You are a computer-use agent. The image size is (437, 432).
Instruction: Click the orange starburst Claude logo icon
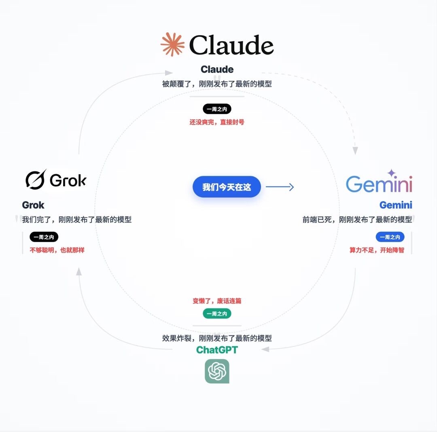pos(172,44)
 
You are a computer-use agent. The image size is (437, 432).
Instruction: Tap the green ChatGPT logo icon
pos(217,371)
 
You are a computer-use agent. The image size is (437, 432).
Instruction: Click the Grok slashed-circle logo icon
pos(36,180)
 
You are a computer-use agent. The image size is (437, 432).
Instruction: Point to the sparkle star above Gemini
pos(391,173)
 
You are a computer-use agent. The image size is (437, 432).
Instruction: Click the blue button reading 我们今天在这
pos(227,187)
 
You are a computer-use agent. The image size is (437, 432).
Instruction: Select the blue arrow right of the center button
pos(280,187)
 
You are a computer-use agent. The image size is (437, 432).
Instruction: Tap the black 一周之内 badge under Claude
pos(217,109)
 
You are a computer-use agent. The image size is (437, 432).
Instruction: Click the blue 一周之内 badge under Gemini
pos(390,237)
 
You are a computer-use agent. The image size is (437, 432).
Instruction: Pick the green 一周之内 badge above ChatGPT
pos(217,313)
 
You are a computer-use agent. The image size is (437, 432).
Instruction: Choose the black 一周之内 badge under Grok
pos(44,237)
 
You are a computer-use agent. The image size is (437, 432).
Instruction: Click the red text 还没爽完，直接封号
pos(217,122)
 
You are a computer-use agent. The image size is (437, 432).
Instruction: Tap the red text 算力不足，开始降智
pos(377,250)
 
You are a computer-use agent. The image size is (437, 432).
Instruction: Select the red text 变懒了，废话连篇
pos(217,301)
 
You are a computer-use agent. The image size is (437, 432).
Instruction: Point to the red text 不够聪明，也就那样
pos(57,250)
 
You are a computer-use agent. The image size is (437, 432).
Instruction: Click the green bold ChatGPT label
pos(217,350)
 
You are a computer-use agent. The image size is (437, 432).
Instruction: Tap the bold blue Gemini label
pos(396,205)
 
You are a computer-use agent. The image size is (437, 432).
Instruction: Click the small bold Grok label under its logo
pos(33,205)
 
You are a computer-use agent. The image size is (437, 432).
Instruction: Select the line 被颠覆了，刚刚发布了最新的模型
pos(217,84)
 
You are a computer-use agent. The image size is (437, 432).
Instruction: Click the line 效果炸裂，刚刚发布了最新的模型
pos(217,338)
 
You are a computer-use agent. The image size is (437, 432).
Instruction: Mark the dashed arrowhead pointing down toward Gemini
pos(355,150)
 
